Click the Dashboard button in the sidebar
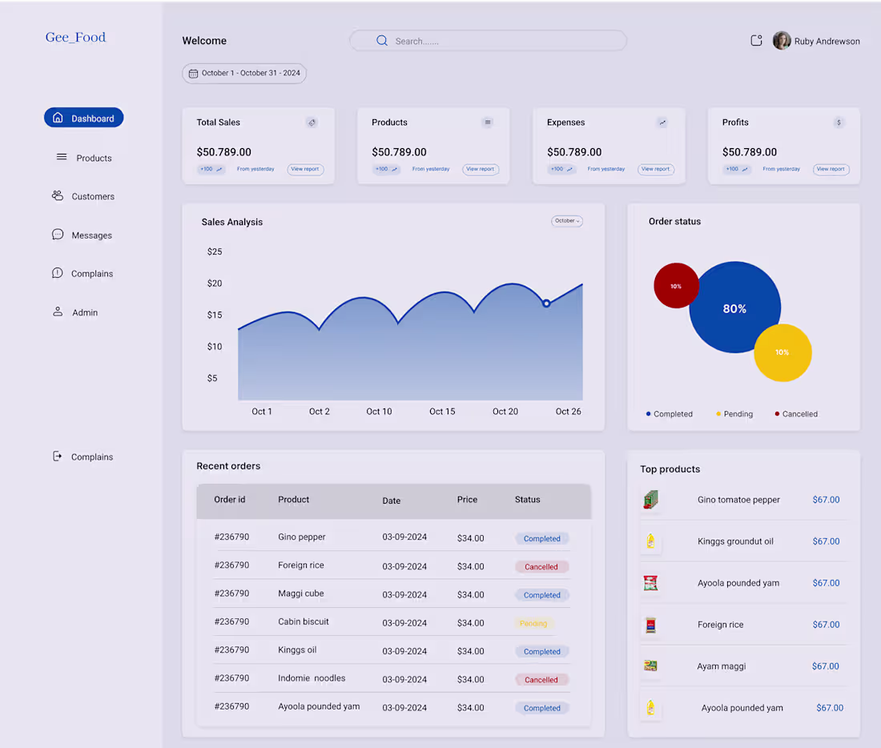pyautogui.click(x=84, y=118)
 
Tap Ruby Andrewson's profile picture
pyautogui.click(x=782, y=41)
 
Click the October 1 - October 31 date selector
pyautogui.click(x=244, y=74)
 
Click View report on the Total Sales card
pyautogui.click(x=305, y=169)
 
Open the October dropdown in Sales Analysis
pyautogui.click(x=567, y=221)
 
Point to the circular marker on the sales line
pyautogui.click(x=546, y=304)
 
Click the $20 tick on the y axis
pyautogui.click(x=215, y=284)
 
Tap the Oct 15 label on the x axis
pyautogui.click(x=442, y=412)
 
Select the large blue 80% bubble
pyautogui.click(x=734, y=308)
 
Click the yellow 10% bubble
pyautogui.click(x=782, y=352)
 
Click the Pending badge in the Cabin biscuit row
pyautogui.click(x=533, y=623)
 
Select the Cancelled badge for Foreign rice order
pyautogui.click(x=541, y=567)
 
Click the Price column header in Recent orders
pyautogui.click(x=467, y=500)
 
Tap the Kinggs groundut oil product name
pyautogui.click(x=735, y=541)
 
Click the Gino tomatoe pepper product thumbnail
pyautogui.click(x=650, y=500)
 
